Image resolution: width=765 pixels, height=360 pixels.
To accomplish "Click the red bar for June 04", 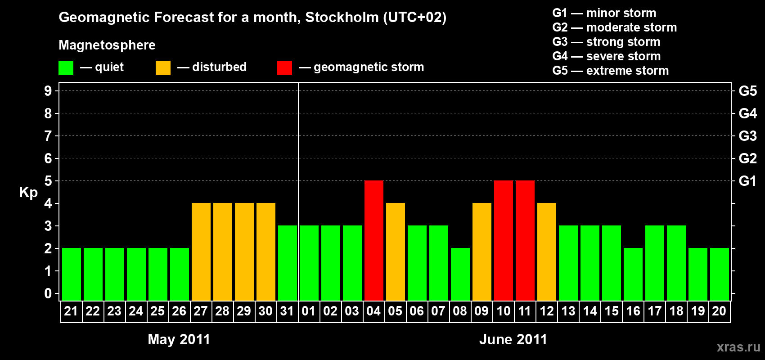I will (374, 240).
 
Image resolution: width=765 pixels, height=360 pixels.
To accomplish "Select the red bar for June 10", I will (504, 240).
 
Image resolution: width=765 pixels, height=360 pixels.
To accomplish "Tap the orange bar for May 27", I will (201, 252).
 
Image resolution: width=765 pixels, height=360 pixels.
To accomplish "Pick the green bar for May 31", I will (288, 263).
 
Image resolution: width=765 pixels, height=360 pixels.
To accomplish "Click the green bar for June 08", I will (460, 274).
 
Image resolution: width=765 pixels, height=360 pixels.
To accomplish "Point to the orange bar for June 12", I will (547, 252).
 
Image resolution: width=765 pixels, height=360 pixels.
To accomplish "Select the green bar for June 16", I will (633, 274).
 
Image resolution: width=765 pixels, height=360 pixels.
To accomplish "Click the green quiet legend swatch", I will (66, 68).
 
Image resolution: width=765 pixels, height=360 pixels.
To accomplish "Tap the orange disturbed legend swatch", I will (163, 68).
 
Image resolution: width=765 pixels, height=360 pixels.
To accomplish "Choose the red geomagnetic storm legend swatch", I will (284, 68).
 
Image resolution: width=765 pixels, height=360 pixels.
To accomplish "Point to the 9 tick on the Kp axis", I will (48, 91).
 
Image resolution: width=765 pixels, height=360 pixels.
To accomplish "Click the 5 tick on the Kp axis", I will (48, 181).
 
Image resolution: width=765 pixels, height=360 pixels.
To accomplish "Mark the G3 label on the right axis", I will (747, 136).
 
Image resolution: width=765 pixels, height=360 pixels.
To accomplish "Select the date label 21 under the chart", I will (71, 311).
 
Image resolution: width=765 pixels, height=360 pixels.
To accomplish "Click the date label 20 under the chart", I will (719, 311).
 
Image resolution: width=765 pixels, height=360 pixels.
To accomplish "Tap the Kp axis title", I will (28, 193).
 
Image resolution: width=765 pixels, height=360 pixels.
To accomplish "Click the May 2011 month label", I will (179, 339).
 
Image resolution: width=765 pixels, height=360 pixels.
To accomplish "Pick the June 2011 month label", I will (513, 339).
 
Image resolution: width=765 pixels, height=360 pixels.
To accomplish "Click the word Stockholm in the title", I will (342, 18).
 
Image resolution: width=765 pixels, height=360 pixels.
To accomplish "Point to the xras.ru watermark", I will (738, 347).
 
